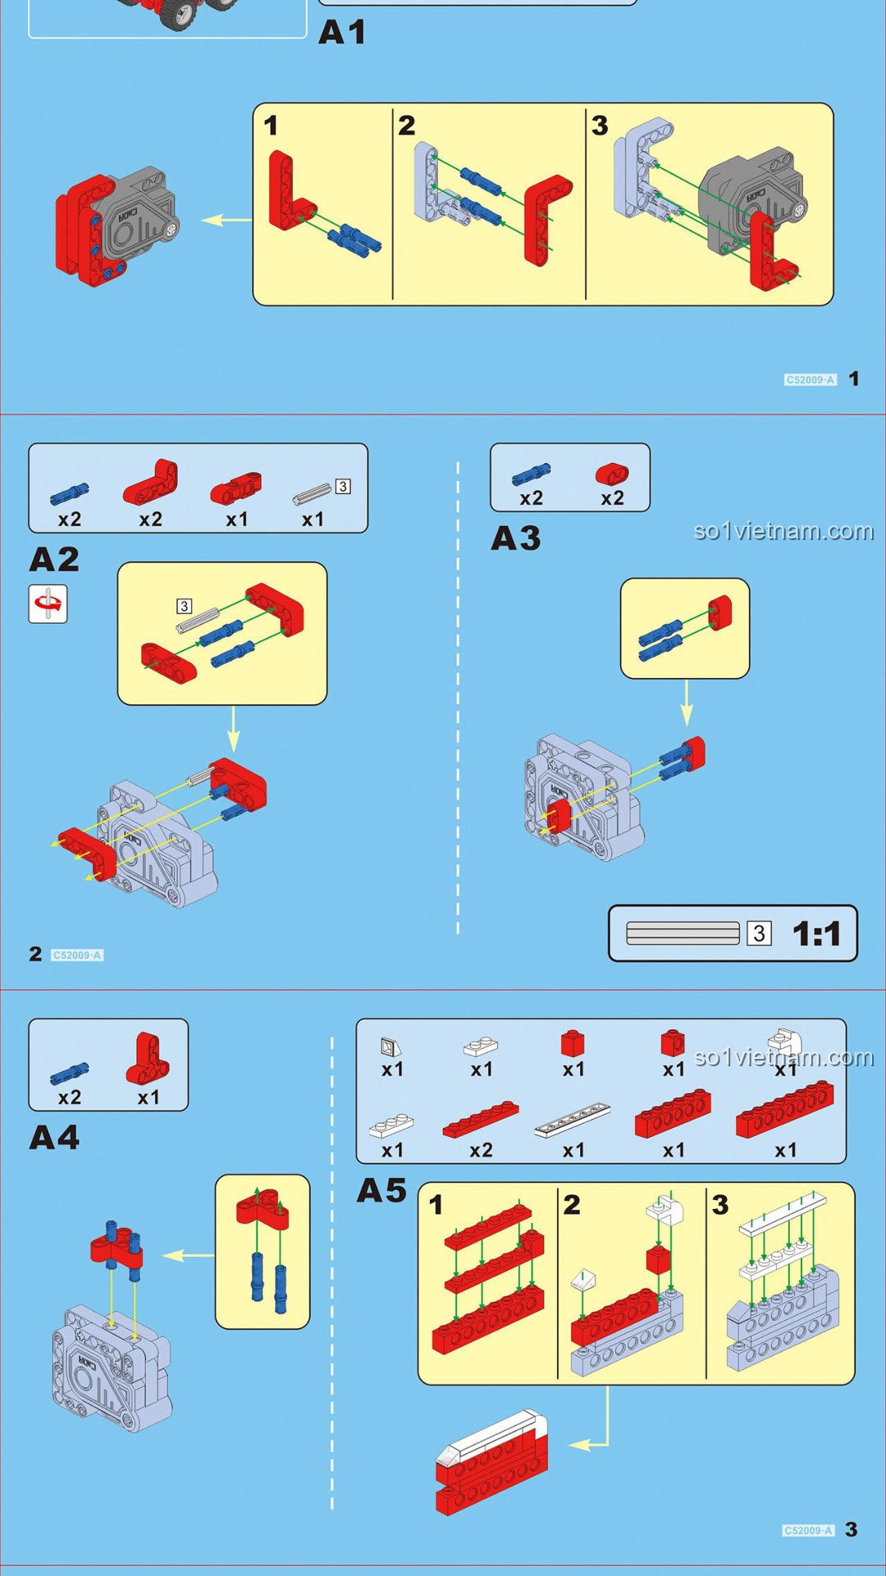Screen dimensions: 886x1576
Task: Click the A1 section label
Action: click(x=342, y=32)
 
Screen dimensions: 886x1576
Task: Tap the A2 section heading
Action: click(x=54, y=560)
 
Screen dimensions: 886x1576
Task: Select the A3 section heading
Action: click(x=516, y=538)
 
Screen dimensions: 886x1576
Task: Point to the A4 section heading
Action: click(x=54, y=1138)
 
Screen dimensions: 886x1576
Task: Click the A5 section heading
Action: click(x=381, y=1190)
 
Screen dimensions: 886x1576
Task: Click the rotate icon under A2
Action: click(x=48, y=604)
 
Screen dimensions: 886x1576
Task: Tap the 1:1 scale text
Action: click(x=816, y=933)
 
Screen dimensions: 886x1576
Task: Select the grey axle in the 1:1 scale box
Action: click(x=683, y=933)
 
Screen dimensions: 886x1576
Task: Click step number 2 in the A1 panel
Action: click(x=407, y=126)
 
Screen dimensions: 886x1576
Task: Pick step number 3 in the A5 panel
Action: click(x=720, y=1205)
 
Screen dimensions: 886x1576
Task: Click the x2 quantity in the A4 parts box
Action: click(x=70, y=1097)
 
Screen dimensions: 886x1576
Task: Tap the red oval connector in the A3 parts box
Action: click(x=612, y=474)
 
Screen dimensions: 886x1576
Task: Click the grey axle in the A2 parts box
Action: click(x=312, y=493)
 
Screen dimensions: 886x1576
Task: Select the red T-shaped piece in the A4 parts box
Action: click(x=148, y=1059)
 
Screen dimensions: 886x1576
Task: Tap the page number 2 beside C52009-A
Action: click(x=35, y=954)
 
